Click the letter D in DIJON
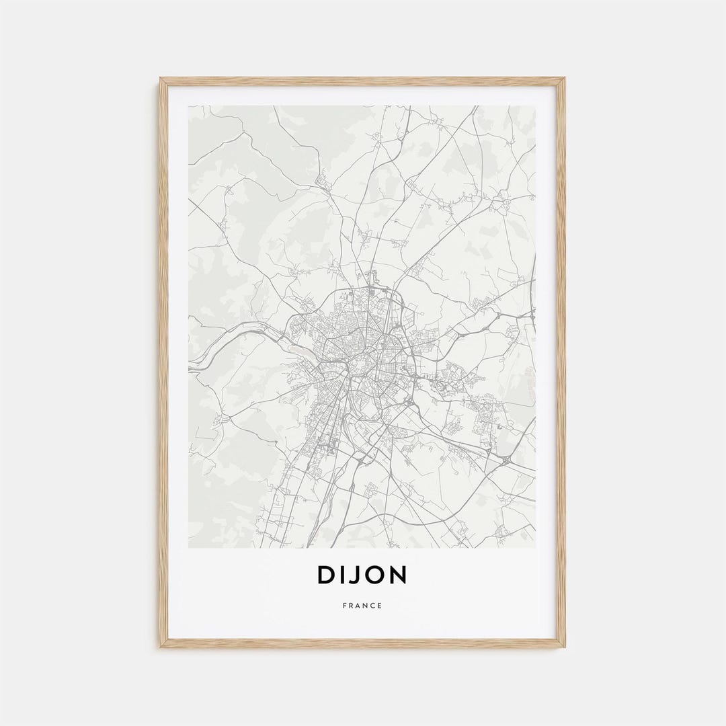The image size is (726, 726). tap(326, 575)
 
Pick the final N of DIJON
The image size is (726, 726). tap(398, 575)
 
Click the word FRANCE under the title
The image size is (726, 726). tap(362, 606)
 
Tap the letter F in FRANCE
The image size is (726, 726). tap(345, 606)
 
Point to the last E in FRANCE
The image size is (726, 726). tap(380, 606)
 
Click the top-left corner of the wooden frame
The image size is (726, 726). tap(161, 79)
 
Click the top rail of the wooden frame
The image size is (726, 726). tap(362, 81)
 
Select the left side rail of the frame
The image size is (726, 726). tap(163, 363)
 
